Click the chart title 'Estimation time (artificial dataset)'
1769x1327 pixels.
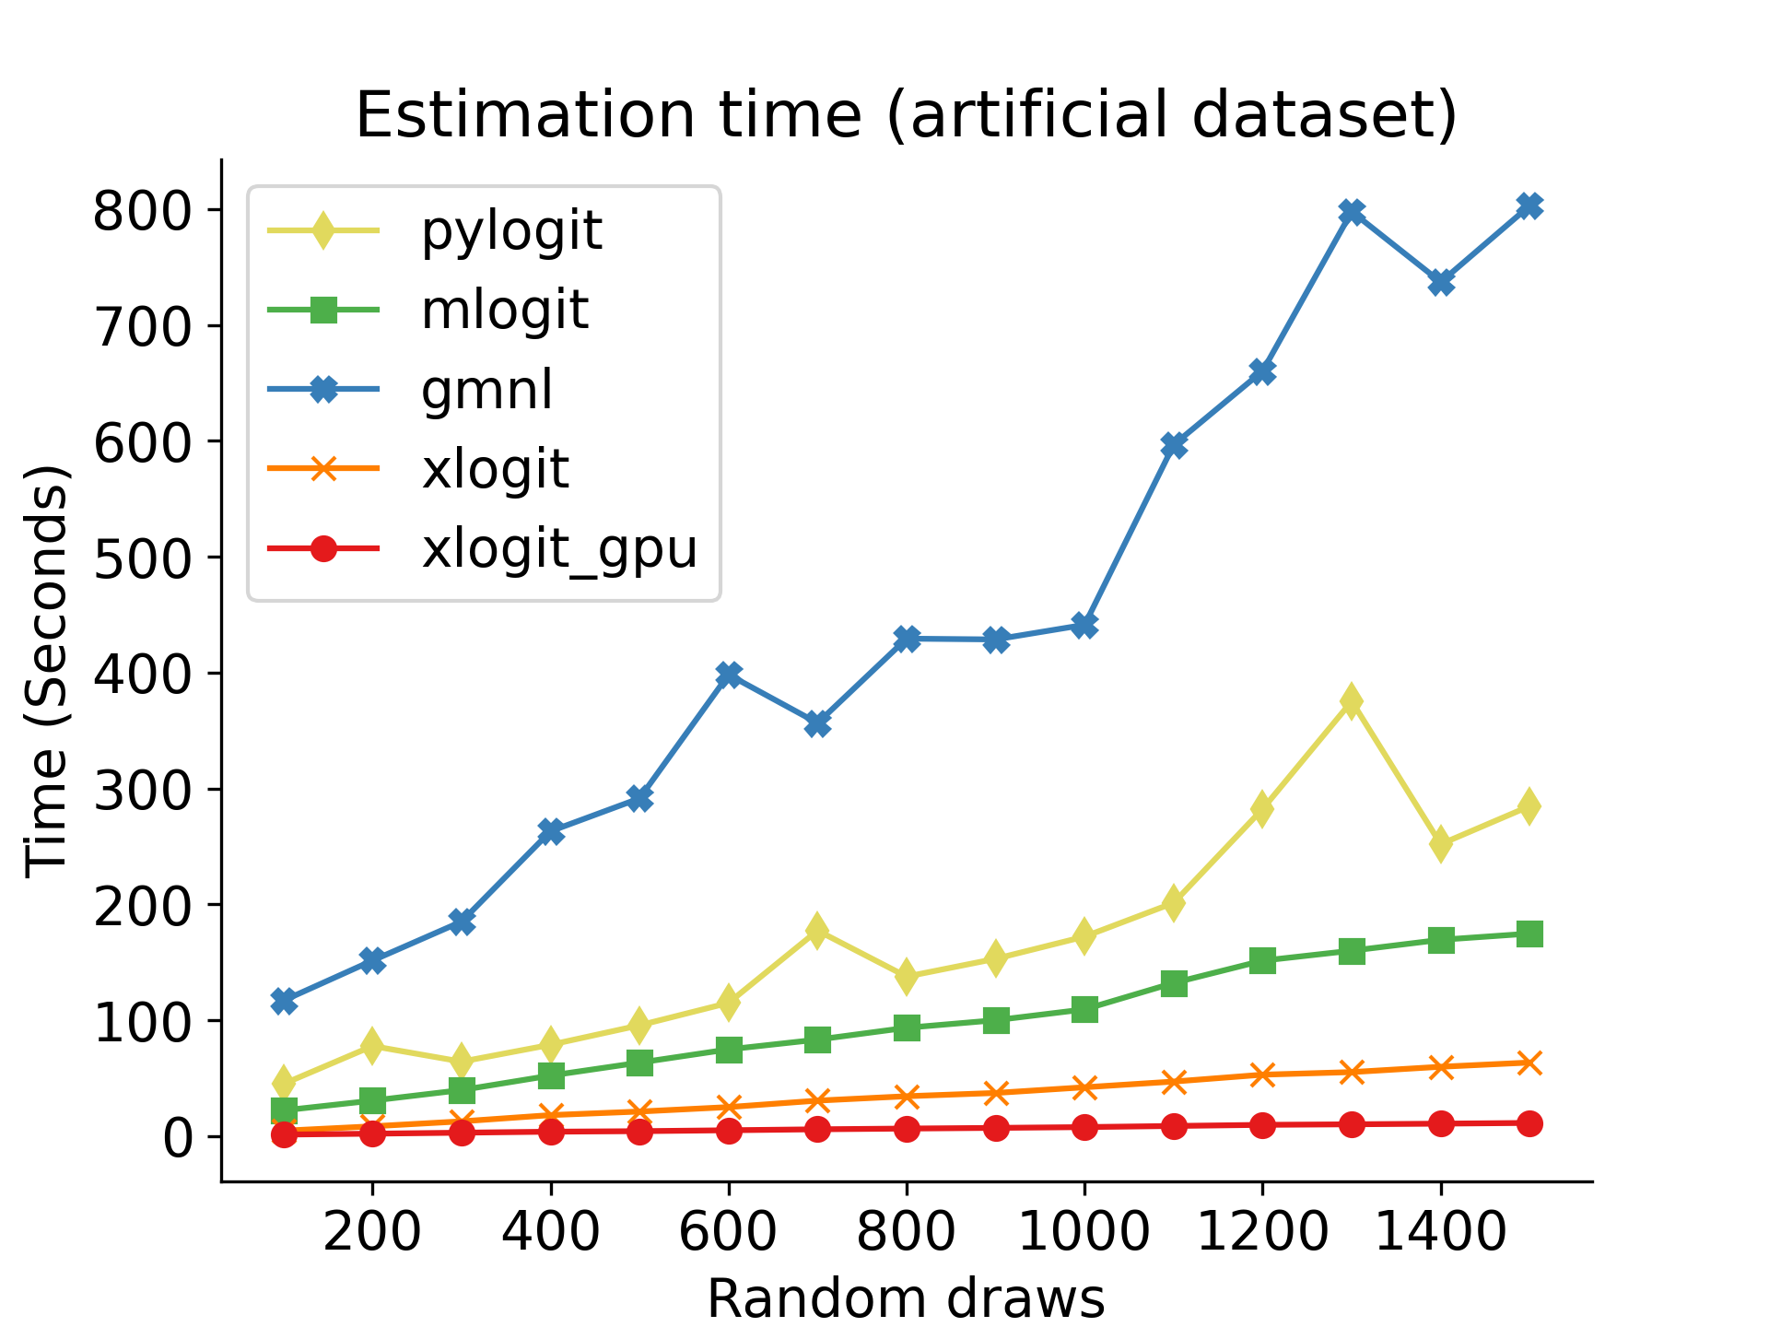pyautogui.click(x=906, y=115)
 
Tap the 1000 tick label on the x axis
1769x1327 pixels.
pyautogui.click(x=1084, y=1230)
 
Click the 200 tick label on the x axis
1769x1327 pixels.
pyautogui.click(x=372, y=1230)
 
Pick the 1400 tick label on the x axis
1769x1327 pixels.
pyautogui.click(x=1441, y=1230)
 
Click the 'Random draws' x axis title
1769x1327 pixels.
pyautogui.click(x=906, y=1298)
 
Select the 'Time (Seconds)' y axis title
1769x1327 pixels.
pyautogui.click(x=46, y=671)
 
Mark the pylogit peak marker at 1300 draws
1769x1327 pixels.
pyautogui.click(x=1352, y=702)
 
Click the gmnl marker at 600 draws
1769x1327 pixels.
pyautogui.click(x=729, y=675)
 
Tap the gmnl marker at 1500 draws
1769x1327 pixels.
pyautogui.click(x=1529, y=206)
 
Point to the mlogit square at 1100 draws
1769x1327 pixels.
pyautogui.click(x=1174, y=983)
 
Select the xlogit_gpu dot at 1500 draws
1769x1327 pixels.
pyautogui.click(x=1529, y=1123)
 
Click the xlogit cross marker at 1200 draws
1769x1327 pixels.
pyautogui.click(x=1262, y=1075)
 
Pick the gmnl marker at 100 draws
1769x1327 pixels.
pyautogui.click(x=284, y=1001)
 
